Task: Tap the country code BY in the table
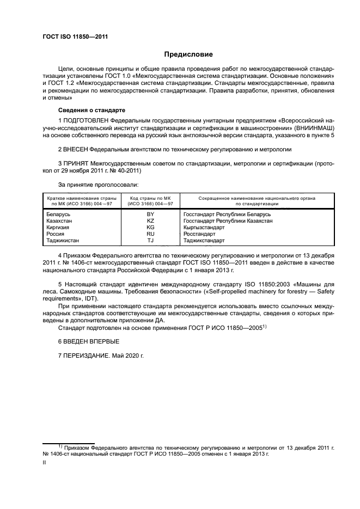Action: tap(150, 214)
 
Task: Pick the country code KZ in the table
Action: tap(150, 220)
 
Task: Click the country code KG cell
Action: tap(150, 227)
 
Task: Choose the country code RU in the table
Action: tap(150, 234)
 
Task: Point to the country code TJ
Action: tap(150, 240)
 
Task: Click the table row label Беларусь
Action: tap(59, 214)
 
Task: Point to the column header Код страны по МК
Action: tap(150, 199)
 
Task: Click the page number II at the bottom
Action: tap(44, 462)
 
